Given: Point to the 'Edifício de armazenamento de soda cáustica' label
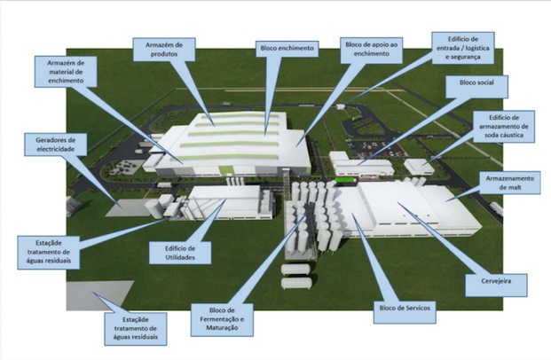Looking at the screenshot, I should (x=505, y=127).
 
